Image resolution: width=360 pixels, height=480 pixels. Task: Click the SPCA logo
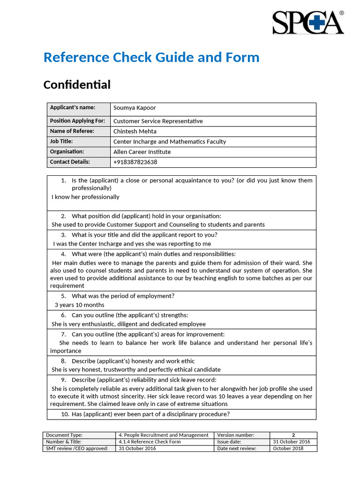pos(308,22)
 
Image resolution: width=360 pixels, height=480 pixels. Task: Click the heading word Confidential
pos(77,85)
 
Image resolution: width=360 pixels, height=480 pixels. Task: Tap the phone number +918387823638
pos(135,162)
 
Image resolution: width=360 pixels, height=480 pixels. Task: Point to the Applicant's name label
pos(73,107)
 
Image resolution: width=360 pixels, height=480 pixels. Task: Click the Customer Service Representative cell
pos(158,121)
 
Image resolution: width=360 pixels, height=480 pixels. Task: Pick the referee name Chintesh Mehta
pos(135,131)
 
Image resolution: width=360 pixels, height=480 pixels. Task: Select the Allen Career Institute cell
pos(142,152)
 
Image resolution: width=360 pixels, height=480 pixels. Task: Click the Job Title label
pos(61,141)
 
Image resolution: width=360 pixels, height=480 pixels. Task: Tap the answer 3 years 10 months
pos(79,305)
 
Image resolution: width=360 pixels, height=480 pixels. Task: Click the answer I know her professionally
pos(85,197)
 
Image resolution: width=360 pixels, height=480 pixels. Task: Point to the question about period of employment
pos(123,296)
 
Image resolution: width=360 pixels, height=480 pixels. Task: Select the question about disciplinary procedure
pos(150,414)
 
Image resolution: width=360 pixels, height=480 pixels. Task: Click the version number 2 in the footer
pos(293,435)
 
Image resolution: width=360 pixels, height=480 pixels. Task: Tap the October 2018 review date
pos(288,449)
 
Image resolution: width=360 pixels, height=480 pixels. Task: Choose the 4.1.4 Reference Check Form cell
pos(150,442)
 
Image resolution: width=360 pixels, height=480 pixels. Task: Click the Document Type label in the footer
pos(64,435)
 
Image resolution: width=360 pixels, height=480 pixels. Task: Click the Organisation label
pos(67,151)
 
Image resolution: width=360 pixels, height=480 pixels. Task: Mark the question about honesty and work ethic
pos(133,361)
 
